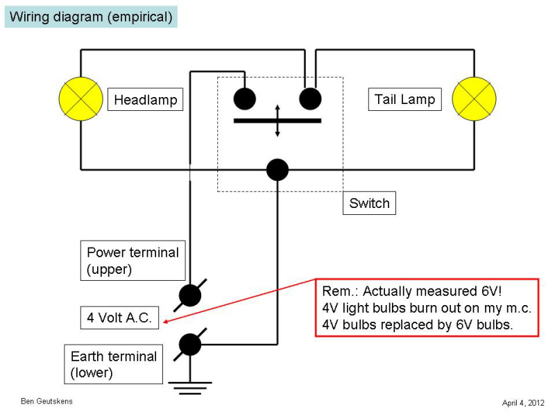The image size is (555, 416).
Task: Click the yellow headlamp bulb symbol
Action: (x=81, y=98)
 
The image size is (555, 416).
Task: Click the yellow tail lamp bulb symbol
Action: (x=475, y=98)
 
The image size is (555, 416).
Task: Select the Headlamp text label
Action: (x=146, y=100)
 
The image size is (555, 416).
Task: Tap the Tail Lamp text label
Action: (x=404, y=99)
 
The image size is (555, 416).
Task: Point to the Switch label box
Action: (x=369, y=204)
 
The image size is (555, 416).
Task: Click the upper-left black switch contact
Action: (x=244, y=98)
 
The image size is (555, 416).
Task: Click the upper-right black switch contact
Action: (x=310, y=98)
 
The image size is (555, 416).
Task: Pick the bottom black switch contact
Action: (x=277, y=169)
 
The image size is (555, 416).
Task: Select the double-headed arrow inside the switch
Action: (x=277, y=121)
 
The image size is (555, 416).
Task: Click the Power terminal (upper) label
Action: (x=133, y=260)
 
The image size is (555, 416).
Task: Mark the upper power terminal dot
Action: (x=190, y=295)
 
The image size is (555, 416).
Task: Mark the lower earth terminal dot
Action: (x=190, y=344)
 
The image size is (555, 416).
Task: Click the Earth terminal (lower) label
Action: (x=114, y=365)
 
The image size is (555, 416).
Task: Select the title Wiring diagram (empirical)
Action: (x=91, y=17)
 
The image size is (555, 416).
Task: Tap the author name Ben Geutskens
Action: (x=46, y=401)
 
